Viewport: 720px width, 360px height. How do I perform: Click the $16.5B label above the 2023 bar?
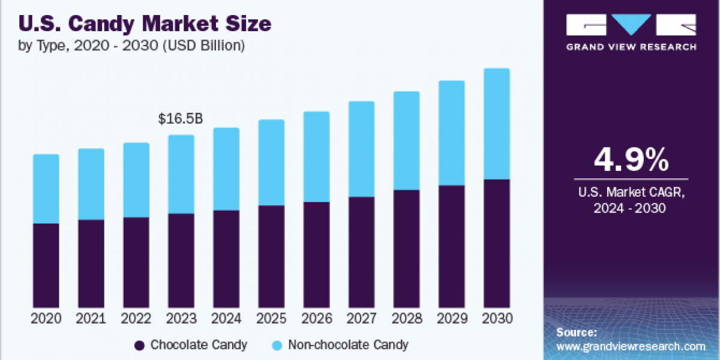pos(181,119)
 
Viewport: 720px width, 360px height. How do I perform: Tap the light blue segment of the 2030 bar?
pos(496,124)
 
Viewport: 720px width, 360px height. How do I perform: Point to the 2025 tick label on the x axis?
pos(271,318)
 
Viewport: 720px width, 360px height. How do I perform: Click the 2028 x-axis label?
pos(406,318)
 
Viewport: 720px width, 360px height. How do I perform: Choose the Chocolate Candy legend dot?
pos(140,345)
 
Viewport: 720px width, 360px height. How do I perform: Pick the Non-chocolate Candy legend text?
pos(348,345)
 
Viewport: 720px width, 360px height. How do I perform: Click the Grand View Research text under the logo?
pos(631,47)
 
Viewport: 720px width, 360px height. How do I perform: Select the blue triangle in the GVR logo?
pos(631,25)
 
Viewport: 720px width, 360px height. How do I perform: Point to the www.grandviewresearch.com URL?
pos(631,347)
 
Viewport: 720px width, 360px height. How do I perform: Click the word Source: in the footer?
pos(577,332)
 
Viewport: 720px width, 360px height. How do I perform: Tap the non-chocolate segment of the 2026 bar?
pos(316,157)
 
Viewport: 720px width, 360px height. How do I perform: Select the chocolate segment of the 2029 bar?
pos(451,247)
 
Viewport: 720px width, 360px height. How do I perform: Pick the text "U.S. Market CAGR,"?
pos(631,193)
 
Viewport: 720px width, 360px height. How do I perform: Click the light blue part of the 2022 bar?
pos(136,180)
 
